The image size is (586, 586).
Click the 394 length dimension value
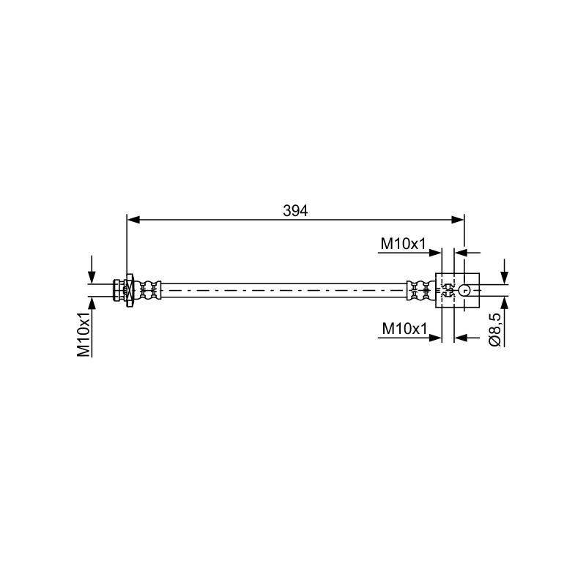click(x=295, y=211)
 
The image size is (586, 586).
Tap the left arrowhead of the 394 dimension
click(x=133, y=220)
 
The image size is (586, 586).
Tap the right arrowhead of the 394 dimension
click(x=458, y=220)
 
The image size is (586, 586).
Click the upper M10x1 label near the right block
click(x=404, y=244)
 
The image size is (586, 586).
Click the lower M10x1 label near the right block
click(x=404, y=329)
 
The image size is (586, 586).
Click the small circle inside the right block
click(x=464, y=289)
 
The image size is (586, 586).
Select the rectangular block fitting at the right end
click(x=457, y=290)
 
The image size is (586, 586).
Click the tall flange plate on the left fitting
click(x=130, y=291)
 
